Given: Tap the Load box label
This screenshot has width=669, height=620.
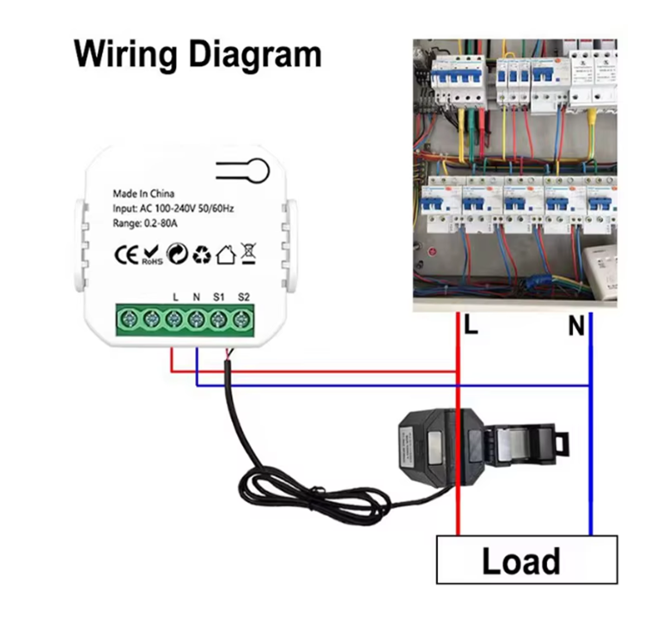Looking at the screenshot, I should pos(521,562).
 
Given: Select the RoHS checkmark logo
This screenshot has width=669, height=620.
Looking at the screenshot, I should pos(152,255).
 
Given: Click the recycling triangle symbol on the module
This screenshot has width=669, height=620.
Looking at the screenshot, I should pos(202,255).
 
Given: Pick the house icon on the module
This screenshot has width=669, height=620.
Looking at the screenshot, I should pos(226,255).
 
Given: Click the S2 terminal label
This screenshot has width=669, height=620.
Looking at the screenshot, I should pos(244,297).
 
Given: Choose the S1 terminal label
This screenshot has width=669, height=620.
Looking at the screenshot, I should pos(219,297).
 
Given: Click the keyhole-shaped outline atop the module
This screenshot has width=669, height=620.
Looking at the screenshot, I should pos(248,170).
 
